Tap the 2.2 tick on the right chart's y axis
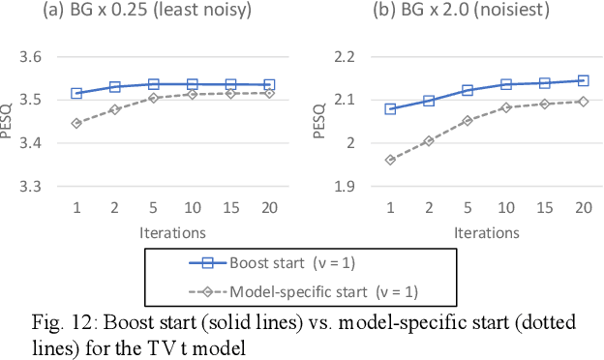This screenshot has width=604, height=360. (x=342, y=57)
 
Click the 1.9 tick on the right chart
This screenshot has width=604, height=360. (x=342, y=185)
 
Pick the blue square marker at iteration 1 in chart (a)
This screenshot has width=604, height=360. (x=76, y=93)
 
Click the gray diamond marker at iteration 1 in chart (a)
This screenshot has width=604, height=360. (x=76, y=123)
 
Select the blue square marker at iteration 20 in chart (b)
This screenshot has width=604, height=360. (x=582, y=80)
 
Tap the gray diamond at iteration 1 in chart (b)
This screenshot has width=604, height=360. (x=390, y=160)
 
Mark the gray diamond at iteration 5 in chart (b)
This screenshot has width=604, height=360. (x=467, y=121)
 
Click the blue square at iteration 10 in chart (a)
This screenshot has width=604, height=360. (x=192, y=84)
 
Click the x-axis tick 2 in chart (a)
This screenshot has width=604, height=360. (x=115, y=207)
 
